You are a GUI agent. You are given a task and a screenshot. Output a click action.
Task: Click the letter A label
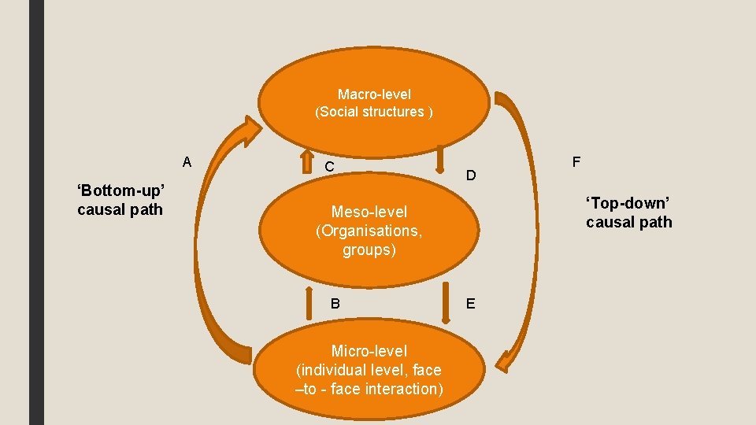[187, 163]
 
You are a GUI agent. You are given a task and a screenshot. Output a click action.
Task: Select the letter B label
[335, 303]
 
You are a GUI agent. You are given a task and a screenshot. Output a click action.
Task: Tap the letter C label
[331, 166]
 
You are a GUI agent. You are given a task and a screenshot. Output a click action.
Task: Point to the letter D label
[470, 175]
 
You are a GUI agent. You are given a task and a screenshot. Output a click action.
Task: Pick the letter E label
[470, 303]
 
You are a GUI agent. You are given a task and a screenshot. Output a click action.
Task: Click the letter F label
[576, 162]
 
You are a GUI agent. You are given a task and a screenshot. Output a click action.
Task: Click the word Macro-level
[374, 94]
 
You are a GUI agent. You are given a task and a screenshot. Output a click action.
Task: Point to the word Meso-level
[369, 212]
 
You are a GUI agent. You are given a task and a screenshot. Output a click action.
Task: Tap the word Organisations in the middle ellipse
[369, 231]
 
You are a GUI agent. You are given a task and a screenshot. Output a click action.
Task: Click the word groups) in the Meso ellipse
[369, 250]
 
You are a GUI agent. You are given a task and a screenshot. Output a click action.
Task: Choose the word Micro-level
[369, 351]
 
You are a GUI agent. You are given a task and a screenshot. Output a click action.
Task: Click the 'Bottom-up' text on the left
[120, 190]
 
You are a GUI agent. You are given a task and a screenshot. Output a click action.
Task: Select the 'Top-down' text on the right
[628, 203]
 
